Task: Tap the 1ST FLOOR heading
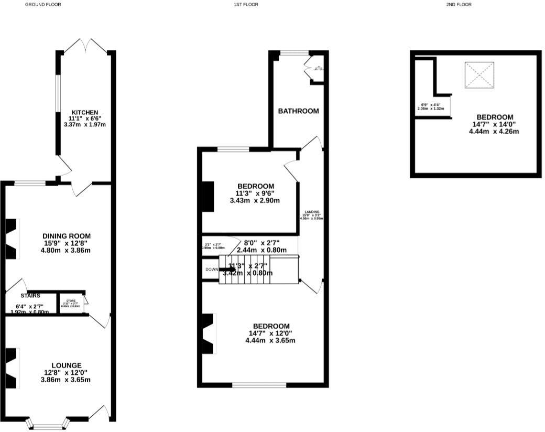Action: click(246, 4)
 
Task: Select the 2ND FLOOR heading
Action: click(459, 4)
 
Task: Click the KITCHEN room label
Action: click(85, 112)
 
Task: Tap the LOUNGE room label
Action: click(67, 365)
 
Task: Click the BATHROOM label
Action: click(298, 111)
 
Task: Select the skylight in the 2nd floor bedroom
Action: click(479, 75)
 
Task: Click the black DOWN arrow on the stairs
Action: click(227, 269)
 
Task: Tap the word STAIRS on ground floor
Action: click(30, 296)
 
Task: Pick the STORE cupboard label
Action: click(71, 301)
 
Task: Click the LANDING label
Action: click(311, 212)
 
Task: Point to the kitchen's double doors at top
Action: click(85, 45)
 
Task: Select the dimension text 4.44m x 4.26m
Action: click(494, 132)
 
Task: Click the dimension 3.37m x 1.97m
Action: click(85, 125)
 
